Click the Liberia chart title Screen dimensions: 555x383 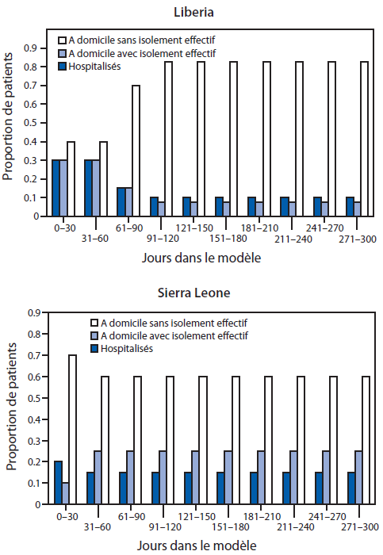point(204,12)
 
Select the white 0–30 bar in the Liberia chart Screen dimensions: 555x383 point(71,178)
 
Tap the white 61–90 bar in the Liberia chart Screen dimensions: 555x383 point(136,150)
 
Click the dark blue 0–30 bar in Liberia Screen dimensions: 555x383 point(56,187)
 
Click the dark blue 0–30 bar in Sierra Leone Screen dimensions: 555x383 point(58,482)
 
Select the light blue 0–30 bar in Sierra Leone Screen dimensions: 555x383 point(65,492)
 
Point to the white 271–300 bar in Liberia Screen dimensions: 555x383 point(364,138)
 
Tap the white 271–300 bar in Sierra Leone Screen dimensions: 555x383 point(366,440)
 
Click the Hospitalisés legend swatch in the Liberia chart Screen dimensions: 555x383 point(62,67)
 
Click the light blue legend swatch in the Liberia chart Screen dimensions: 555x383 point(62,53)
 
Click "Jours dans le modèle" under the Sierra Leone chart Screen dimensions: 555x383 point(205,545)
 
